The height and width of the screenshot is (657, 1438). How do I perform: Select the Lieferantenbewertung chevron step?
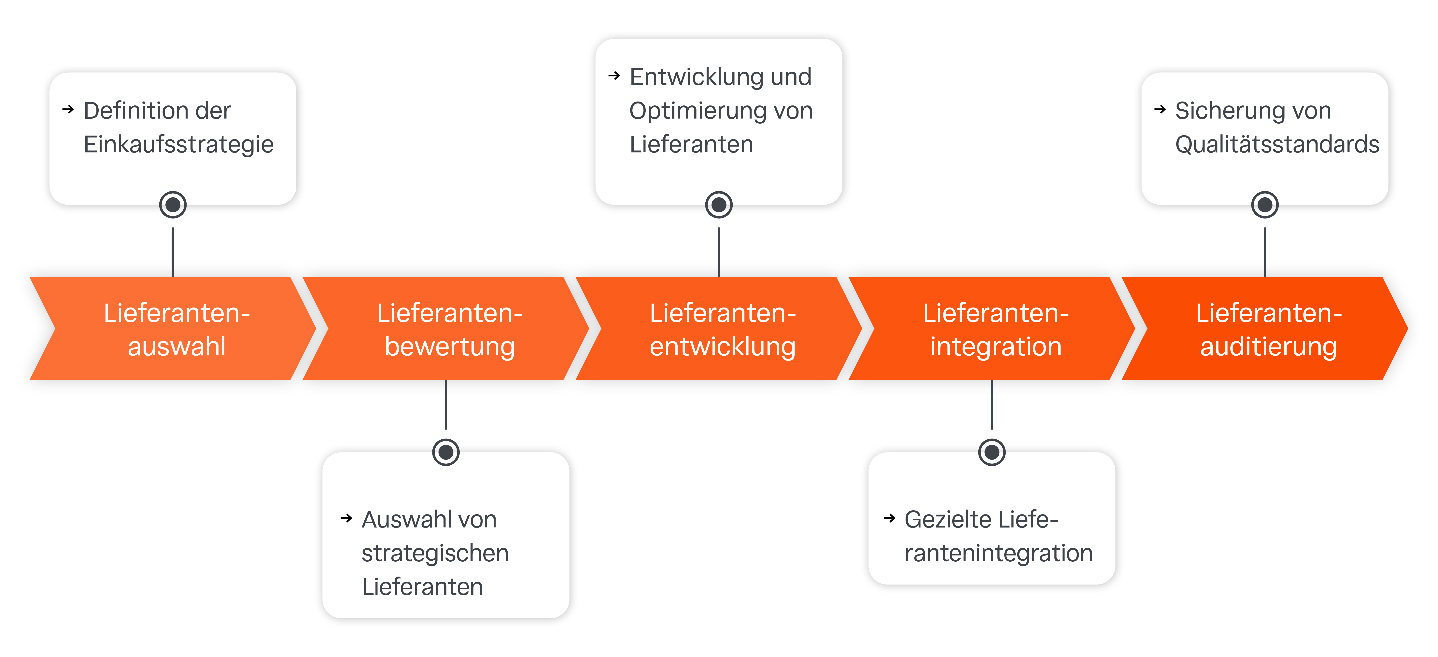[x=449, y=329]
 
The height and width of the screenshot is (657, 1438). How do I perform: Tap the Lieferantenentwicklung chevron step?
[x=722, y=329]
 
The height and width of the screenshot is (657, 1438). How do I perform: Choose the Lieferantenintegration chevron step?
[x=995, y=329]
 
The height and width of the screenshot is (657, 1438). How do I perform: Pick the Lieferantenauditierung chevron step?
[x=1268, y=329]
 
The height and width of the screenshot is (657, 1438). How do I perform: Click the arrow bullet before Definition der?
[x=68, y=109]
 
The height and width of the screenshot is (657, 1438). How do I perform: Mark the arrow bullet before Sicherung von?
[x=1160, y=109]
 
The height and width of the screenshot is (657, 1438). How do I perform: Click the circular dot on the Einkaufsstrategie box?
[x=173, y=205]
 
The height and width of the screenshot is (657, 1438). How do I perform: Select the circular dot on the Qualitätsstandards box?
[x=1265, y=205]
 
